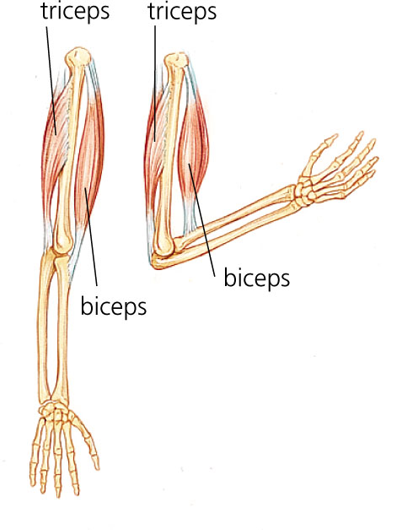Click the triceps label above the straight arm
click(75, 12)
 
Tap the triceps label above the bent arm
click(182, 12)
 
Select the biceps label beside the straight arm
click(114, 306)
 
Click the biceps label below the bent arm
click(256, 279)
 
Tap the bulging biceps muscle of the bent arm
click(192, 149)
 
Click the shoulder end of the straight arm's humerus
click(78, 57)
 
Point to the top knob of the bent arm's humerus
click(175, 62)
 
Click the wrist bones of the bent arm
click(304, 193)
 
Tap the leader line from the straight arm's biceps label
click(91, 236)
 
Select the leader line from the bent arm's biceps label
click(202, 220)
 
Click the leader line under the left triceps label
click(51, 80)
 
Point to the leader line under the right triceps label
click(155, 84)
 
